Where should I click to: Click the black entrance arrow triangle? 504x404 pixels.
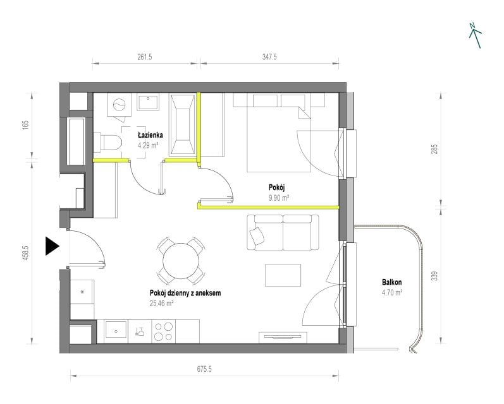[51, 246]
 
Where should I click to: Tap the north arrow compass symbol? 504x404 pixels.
[475, 35]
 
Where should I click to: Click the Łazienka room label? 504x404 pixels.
[150, 135]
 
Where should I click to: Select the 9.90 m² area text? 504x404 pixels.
[279, 198]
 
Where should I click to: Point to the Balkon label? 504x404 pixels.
[392, 282]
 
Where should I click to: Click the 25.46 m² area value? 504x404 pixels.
[162, 303]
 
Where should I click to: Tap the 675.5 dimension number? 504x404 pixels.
[204, 369]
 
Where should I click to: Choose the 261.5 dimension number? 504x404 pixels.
[145, 57]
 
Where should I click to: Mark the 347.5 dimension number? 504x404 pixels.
[269, 57]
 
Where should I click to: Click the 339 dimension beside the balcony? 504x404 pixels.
[434, 276]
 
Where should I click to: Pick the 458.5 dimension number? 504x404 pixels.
[26, 253]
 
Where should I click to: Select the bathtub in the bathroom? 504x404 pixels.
[183, 125]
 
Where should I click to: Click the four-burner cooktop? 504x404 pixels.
[164, 331]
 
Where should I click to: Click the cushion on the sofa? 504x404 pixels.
[257, 235]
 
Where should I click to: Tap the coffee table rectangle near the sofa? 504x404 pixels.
[283, 275]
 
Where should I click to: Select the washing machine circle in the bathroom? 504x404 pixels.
[119, 104]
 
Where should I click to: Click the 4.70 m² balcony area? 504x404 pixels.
[392, 293]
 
